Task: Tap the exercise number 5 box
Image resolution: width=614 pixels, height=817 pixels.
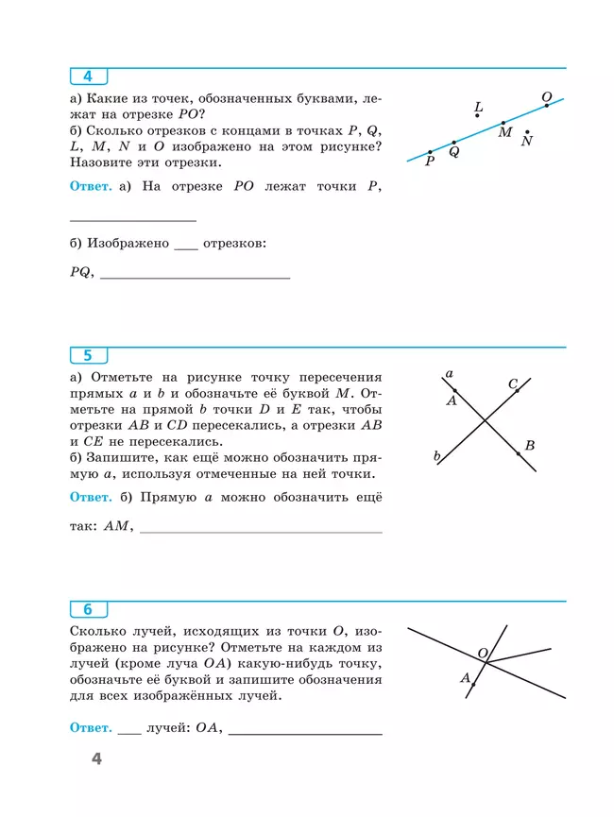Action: [x=88, y=356]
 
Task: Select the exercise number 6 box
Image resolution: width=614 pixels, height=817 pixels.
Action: [x=88, y=609]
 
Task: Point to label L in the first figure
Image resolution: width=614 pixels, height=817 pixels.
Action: [x=479, y=107]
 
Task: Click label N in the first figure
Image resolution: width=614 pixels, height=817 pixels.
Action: [x=527, y=141]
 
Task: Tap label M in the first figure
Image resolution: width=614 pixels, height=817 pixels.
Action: [x=505, y=133]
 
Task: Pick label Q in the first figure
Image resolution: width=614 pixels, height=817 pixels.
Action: [x=454, y=151]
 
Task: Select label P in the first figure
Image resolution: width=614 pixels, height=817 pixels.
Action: [x=430, y=162]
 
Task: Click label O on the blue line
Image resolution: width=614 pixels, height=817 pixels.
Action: [x=546, y=96]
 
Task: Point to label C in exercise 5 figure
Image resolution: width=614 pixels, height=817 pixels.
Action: [x=513, y=383]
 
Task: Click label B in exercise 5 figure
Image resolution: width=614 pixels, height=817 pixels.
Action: [x=530, y=445]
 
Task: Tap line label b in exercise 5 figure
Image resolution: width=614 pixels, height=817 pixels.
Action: [x=437, y=456]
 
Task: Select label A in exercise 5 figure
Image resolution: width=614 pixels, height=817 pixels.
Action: [x=452, y=400]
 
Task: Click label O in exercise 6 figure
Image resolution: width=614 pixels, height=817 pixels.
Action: [x=482, y=653]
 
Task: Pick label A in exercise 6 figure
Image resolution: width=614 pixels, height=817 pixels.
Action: [x=465, y=677]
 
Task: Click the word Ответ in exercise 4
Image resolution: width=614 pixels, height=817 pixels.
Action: [x=91, y=187]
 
